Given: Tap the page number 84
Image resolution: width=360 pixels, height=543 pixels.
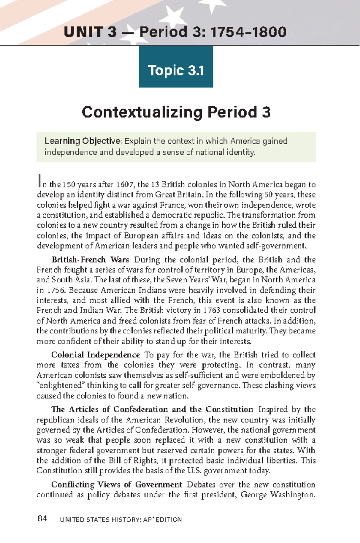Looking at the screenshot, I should (x=42, y=519).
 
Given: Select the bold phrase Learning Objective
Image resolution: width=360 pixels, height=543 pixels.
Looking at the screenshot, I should (x=82, y=141).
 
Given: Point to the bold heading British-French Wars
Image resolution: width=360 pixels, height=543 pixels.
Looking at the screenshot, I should (x=90, y=260).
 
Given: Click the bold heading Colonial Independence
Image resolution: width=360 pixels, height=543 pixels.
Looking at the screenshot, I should (x=95, y=355).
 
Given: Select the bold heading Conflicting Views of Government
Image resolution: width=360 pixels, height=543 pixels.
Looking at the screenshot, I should (x=116, y=485).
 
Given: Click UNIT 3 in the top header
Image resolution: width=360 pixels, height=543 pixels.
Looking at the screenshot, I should (x=90, y=32).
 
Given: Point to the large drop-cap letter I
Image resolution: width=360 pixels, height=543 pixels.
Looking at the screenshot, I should (x=39, y=181).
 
